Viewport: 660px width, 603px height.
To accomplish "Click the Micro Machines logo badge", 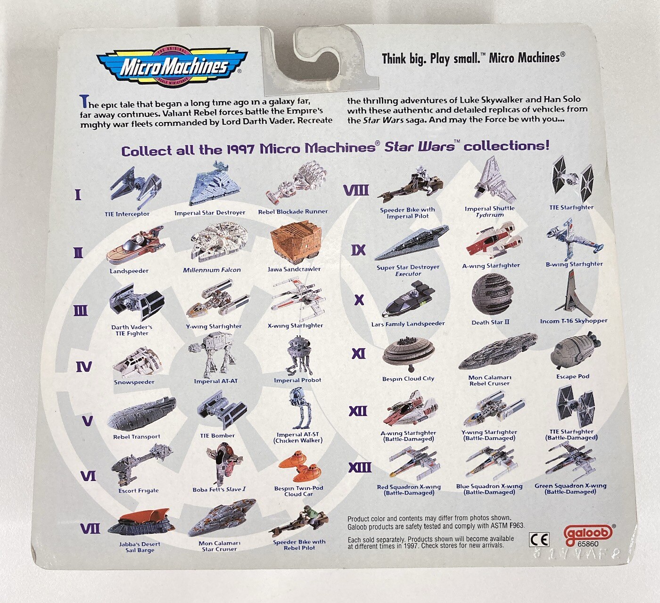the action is [x=172, y=67].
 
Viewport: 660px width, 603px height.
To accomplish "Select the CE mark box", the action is [x=540, y=540].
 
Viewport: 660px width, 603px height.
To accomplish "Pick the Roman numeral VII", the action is [x=90, y=529].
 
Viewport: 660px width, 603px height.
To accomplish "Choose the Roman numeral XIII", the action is [x=360, y=467].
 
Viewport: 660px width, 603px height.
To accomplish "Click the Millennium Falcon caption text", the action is [x=212, y=270].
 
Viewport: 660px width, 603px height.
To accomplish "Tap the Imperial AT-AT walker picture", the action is [x=214, y=355].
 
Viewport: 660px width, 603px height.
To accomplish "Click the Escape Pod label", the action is [x=573, y=376].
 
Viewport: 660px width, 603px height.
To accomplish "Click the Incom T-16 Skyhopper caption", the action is [x=573, y=321].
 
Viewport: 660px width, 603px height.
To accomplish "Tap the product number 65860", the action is [x=588, y=544].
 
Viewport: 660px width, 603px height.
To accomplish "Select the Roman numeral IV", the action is [x=83, y=367].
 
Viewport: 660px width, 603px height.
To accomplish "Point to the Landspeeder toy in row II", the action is [x=134, y=245].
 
